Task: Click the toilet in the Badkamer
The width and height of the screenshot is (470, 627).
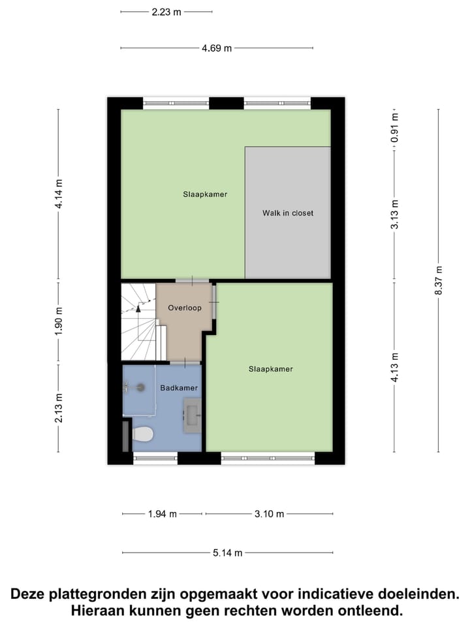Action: click(x=143, y=433)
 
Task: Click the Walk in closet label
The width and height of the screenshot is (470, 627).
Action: click(x=288, y=213)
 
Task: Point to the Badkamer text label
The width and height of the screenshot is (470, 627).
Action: click(x=179, y=388)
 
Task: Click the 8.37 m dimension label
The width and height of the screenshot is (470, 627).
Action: click(x=439, y=280)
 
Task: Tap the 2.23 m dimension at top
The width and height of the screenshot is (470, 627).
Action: click(x=166, y=11)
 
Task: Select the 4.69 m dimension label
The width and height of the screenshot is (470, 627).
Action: click(x=217, y=48)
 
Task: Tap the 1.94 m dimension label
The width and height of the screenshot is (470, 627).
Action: click(x=163, y=514)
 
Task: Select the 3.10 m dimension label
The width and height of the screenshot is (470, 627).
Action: click(x=269, y=514)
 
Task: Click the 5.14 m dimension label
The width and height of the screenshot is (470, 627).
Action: click(x=227, y=553)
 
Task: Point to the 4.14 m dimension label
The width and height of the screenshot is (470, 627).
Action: click(x=59, y=194)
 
